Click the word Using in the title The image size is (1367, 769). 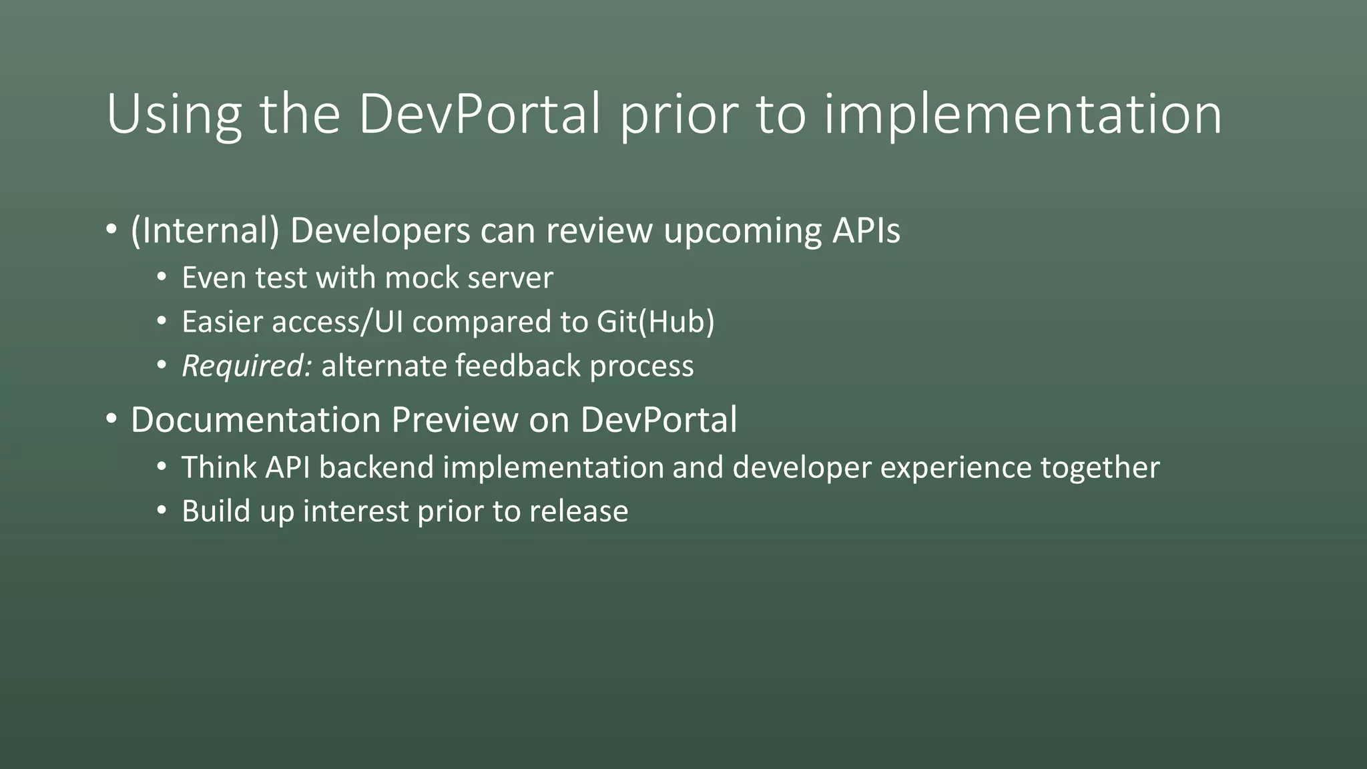click(x=173, y=115)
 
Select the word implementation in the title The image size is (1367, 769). click(x=1023, y=115)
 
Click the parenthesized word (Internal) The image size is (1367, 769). click(x=205, y=231)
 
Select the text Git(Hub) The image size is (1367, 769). click(x=655, y=322)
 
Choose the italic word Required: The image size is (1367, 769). click(x=246, y=366)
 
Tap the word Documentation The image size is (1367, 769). click(x=256, y=420)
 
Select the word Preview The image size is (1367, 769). click(x=455, y=420)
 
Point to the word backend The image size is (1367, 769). click(x=376, y=467)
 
